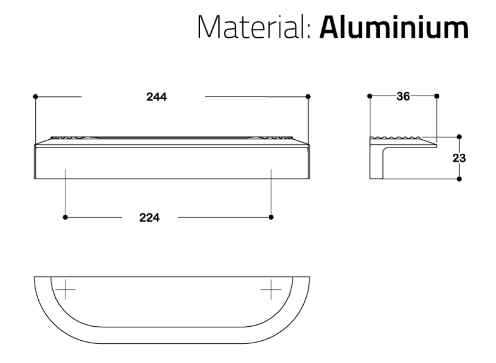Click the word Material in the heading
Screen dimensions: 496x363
tap(251, 27)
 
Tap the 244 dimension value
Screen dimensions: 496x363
tap(156, 97)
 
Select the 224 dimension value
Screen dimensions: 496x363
tap(149, 218)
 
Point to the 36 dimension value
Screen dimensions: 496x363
tap(403, 96)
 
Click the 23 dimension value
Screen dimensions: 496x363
tap(459, 158)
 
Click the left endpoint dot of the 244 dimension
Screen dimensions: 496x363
tap(35, 96)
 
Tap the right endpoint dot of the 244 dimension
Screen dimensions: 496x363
tap(308, 96)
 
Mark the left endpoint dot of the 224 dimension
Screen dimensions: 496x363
tap(65, 217)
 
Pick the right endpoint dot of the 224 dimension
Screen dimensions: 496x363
tap(271, 217)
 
